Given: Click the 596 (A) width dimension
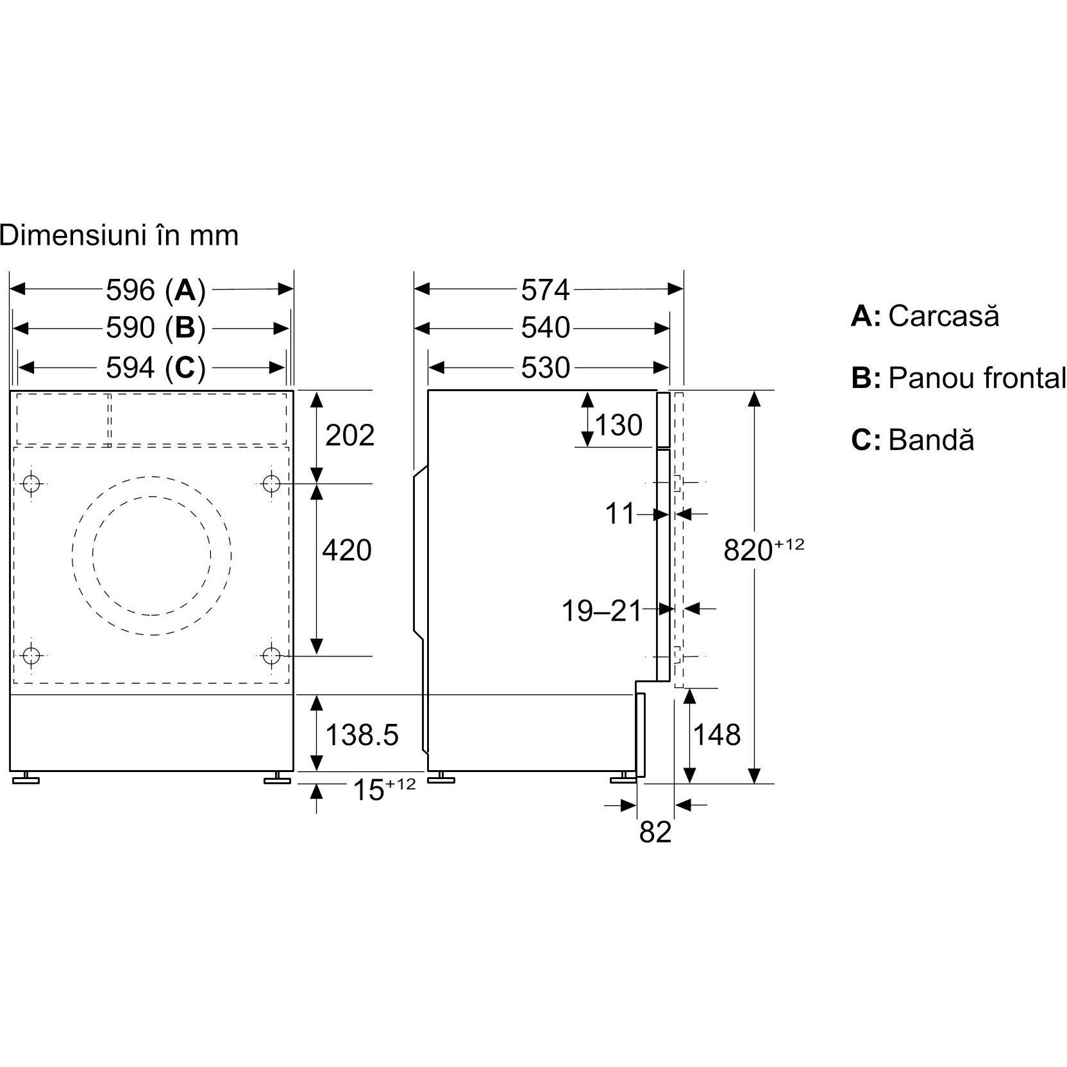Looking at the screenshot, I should pos(155,290).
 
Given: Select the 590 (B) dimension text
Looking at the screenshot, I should pos(155,328).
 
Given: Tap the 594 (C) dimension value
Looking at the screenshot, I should pos(155,367).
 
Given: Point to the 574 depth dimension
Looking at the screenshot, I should pos(545,290).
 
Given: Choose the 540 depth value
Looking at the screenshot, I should pos(545,328).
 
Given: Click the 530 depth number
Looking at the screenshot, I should pos(545,367).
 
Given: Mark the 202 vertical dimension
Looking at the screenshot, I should pos(350,436).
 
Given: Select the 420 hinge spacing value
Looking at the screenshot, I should pos(346,550).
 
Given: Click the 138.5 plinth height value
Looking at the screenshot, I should pos(362,735).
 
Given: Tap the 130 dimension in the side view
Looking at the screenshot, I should pos(619,425).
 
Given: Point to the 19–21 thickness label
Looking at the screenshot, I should pos(601,611).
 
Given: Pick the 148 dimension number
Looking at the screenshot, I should pos(716,735).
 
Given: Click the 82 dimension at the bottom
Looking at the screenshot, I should pos(655,832).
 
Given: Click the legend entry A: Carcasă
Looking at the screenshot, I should pos(925,316).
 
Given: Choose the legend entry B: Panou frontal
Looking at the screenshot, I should pos(958,378).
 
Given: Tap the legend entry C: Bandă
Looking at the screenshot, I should pos(912,440).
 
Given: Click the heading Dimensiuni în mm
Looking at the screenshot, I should pos(119,235).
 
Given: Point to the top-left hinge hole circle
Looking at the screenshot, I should pos(31,483).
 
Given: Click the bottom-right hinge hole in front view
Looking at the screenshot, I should pos(272,655).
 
